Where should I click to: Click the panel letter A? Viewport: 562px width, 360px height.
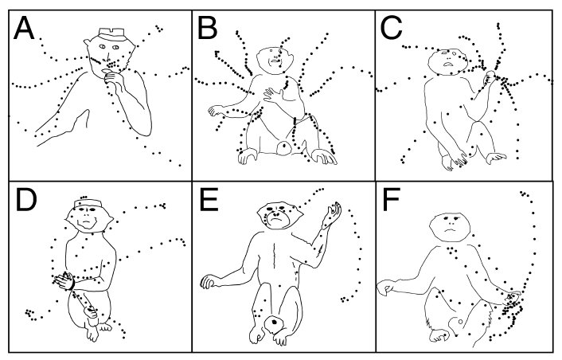click(x=24, y=28)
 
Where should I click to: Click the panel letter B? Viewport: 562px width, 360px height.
click(x=207, y=28)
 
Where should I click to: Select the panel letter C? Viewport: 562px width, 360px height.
click(x=391, y=28)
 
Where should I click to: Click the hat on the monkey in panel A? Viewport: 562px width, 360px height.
click(x=111, y=34)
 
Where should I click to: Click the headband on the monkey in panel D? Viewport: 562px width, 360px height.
click(x=88, y=204)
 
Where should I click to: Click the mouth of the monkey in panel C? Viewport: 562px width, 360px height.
click(x=448, y=65)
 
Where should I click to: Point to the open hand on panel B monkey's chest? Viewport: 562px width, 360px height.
click(x=274, y=94)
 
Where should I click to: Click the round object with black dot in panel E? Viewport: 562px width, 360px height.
click(x=275, y=322)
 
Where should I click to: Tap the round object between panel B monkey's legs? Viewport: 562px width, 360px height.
click(x=285, y=147)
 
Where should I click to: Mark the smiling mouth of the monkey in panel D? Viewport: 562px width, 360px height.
click(x=87, y=223)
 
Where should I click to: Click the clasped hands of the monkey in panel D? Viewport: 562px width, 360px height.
click(x=64, y=281)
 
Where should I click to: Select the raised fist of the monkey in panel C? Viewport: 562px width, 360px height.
click(x=490, y=77)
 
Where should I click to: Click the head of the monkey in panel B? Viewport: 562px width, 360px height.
click(x=275, y=60)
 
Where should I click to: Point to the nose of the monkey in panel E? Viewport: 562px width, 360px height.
click(x=275, y=215)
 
